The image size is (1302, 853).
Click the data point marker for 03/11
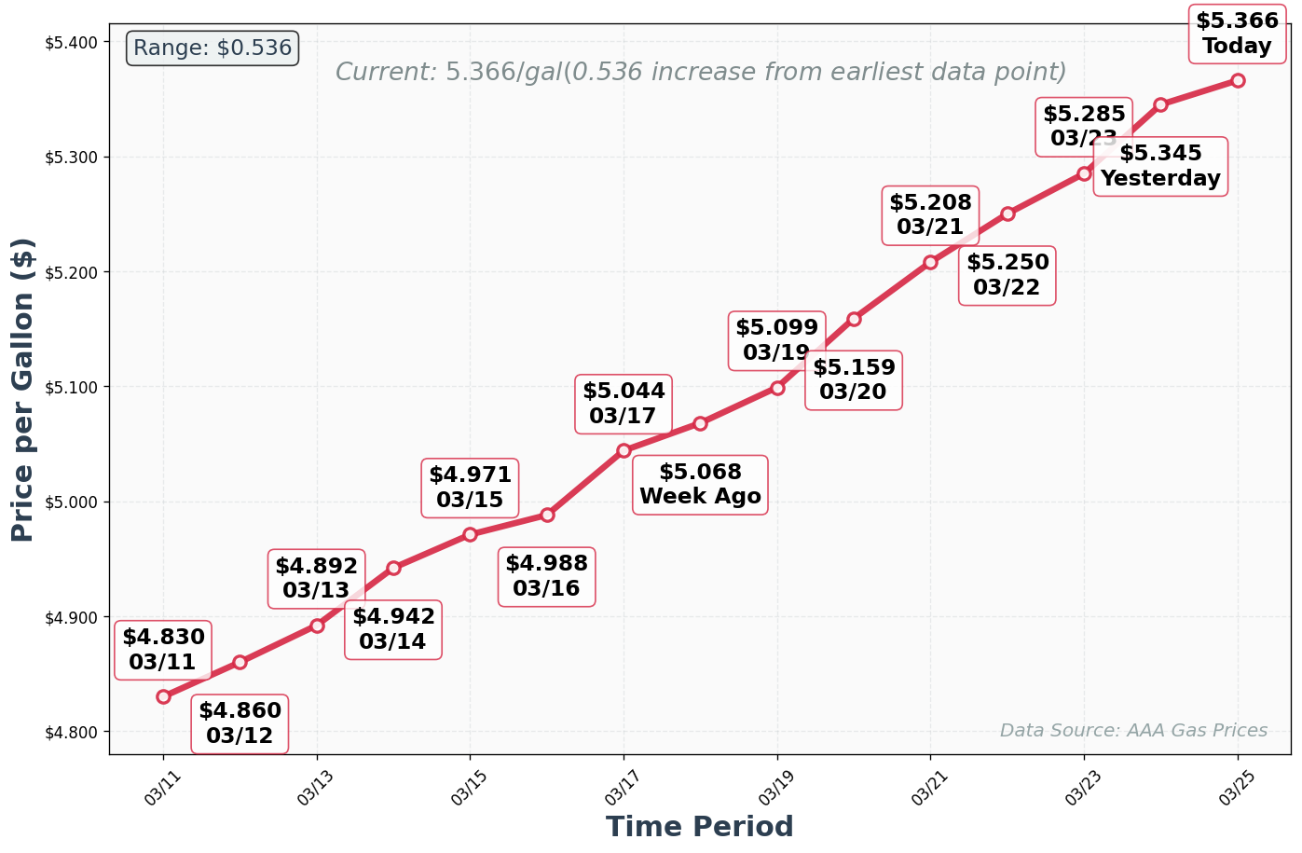164,696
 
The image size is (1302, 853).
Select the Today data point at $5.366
1238,80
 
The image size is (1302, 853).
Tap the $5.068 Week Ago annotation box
700,485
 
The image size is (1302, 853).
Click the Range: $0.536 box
212,48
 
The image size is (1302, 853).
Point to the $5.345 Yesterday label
1160,166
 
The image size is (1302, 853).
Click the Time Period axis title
699,827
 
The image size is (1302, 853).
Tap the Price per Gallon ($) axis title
23,389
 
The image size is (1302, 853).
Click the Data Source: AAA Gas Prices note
1133,731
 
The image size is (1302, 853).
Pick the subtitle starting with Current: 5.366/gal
700,72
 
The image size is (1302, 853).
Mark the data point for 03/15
471,534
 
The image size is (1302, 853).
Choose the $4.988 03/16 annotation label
547,576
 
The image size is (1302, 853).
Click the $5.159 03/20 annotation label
854,379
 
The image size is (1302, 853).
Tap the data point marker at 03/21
930,262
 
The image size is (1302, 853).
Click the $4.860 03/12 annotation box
240,723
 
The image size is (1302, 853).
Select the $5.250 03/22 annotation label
1007,275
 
